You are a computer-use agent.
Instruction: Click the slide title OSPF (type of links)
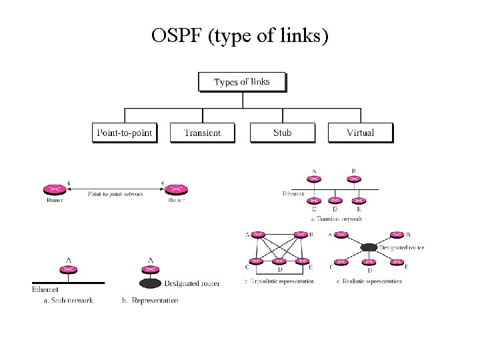click(240, 35)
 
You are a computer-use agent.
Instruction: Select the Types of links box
click(242, 82)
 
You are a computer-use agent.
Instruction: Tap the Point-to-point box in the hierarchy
click(125, 133)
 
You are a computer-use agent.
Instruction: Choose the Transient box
click(203, 133)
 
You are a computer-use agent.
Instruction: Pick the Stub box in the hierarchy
click(282, 133)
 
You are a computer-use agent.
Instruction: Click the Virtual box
click(360, 133)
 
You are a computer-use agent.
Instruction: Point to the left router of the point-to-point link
click(55, 191)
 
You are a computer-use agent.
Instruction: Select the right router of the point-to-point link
click(176, 191)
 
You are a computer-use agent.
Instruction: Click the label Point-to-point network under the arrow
click(115, 194)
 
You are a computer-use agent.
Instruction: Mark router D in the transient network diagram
click(336, 200)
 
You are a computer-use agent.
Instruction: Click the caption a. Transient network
click(337, 218)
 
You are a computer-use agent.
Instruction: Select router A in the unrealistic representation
click(257, 235)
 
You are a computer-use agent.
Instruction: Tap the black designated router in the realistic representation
click(368, 247)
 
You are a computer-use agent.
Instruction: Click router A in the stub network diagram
click(68, 269)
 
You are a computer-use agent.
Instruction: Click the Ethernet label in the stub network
click(45, 289)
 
